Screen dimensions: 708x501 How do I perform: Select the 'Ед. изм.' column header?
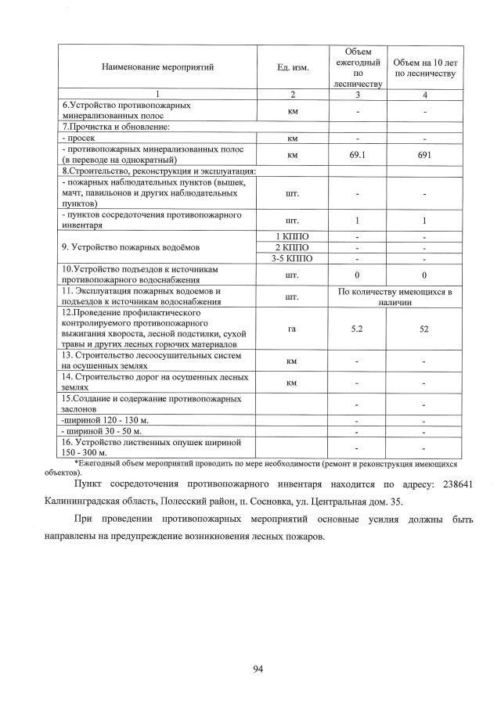293,67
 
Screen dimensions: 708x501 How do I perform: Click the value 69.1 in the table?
358,155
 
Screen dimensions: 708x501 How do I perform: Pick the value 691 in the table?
424,155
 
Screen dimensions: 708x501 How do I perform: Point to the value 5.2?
358,329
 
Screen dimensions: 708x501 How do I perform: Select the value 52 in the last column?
424,329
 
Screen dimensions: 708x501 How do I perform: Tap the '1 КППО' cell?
293,236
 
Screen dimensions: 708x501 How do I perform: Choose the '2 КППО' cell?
293,247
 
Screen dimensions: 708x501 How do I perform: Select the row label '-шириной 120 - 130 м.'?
105,420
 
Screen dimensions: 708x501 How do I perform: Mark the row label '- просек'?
79,138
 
